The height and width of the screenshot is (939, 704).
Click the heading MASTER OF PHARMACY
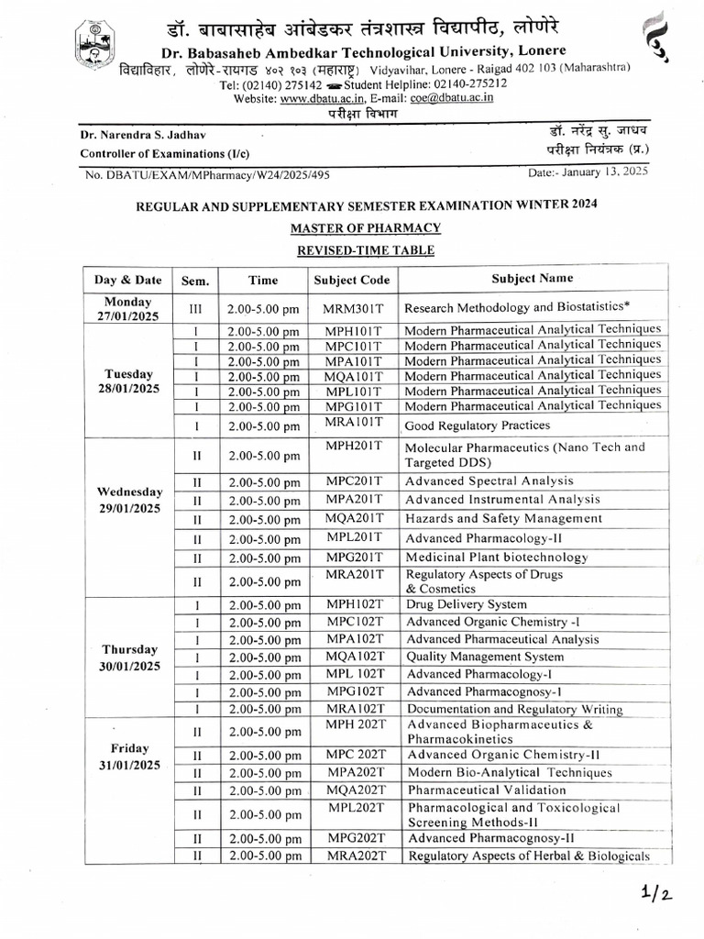366,227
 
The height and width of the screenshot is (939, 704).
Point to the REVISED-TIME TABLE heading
366,249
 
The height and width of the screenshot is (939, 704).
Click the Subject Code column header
351,280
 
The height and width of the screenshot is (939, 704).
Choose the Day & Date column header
128,280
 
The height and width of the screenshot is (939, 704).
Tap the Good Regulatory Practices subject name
477,425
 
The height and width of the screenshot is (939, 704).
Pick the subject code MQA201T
353,518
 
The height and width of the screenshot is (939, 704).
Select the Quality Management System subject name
485,657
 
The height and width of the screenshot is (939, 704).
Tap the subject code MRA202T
357,856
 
